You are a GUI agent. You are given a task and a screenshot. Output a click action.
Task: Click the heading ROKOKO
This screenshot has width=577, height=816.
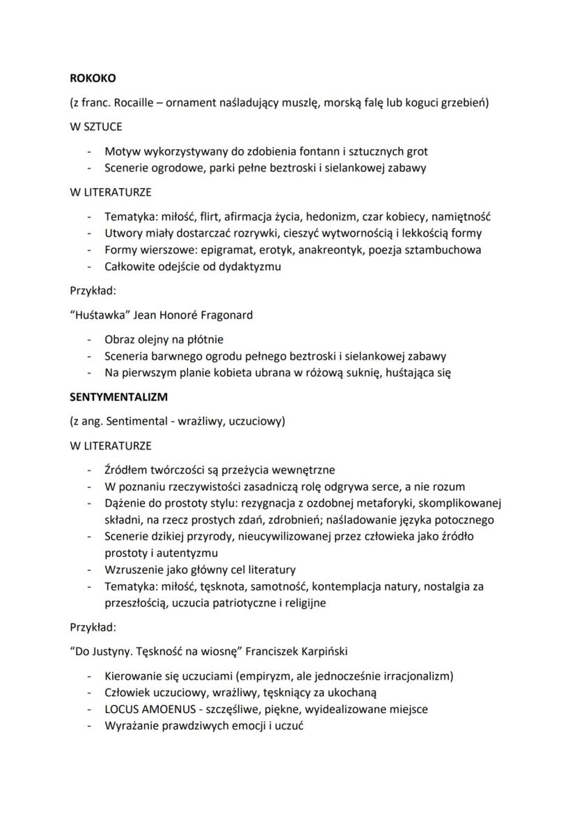coord(91,79)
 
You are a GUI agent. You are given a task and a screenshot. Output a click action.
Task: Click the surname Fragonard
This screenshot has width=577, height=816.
coord(221,314)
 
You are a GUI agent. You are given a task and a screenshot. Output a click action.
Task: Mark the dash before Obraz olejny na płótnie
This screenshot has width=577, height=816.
coord(89,340)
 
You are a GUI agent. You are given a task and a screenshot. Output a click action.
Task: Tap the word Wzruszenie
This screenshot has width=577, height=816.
coord(136,569)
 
